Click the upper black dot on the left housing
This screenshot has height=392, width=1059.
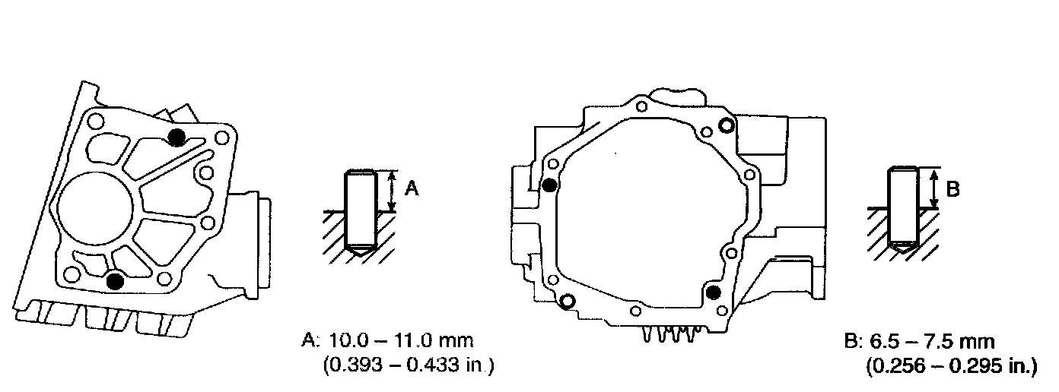(x=177, y=137)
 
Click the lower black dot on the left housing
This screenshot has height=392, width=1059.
(x=115, y=282)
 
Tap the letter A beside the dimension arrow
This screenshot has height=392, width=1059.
(x=412, y=188)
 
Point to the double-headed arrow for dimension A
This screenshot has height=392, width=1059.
(x=391, y=191)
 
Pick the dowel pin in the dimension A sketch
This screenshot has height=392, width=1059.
(x=361, y=213)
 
